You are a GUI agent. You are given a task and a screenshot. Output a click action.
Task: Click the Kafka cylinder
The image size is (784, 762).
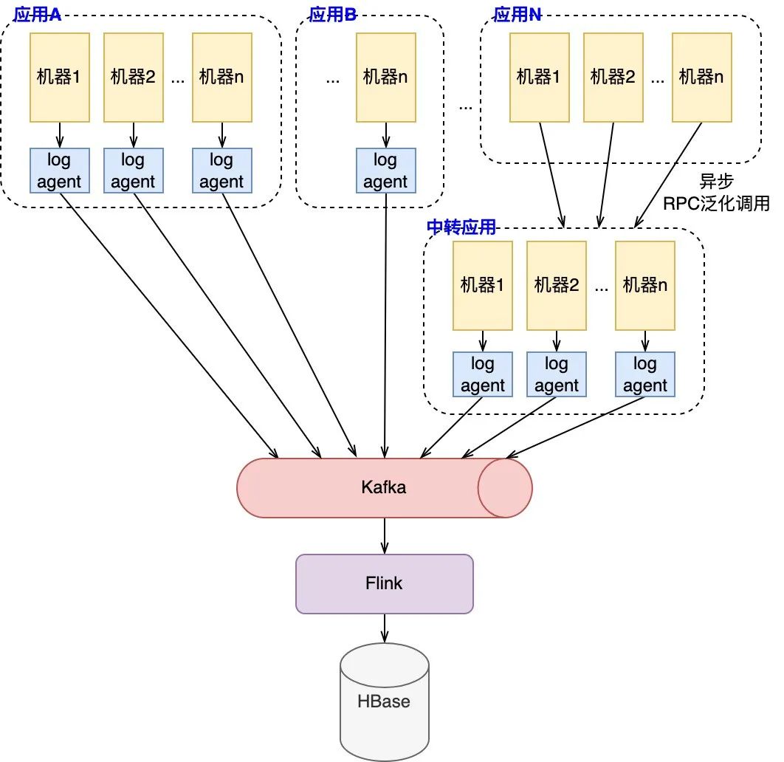(384, 487)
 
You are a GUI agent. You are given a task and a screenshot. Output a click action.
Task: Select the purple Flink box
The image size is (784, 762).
(384, 583)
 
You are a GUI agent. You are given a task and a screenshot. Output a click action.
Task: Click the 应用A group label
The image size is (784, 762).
(37, 16)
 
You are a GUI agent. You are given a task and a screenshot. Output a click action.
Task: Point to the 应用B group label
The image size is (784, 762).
(332, 16)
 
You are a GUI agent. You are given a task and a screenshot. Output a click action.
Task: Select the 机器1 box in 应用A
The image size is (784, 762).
(59, 77)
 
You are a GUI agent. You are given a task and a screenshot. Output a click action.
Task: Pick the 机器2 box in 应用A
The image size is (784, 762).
(134, 77)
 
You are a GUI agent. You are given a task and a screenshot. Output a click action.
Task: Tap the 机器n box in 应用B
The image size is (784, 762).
(385, 77)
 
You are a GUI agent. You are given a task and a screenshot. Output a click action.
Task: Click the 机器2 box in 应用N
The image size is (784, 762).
(613, 77)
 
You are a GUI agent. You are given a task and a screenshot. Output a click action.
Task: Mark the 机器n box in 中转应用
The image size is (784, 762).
(645, 285)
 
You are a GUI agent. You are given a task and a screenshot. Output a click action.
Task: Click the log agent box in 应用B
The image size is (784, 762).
(385, 171)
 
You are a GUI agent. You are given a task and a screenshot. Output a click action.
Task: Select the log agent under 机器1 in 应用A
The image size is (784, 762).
(59, 171)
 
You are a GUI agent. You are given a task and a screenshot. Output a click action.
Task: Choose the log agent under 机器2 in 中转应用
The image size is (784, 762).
(557, 374)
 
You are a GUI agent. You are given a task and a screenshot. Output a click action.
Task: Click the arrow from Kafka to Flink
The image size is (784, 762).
(384, 535)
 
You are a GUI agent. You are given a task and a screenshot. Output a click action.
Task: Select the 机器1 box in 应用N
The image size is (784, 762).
(540, 77)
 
